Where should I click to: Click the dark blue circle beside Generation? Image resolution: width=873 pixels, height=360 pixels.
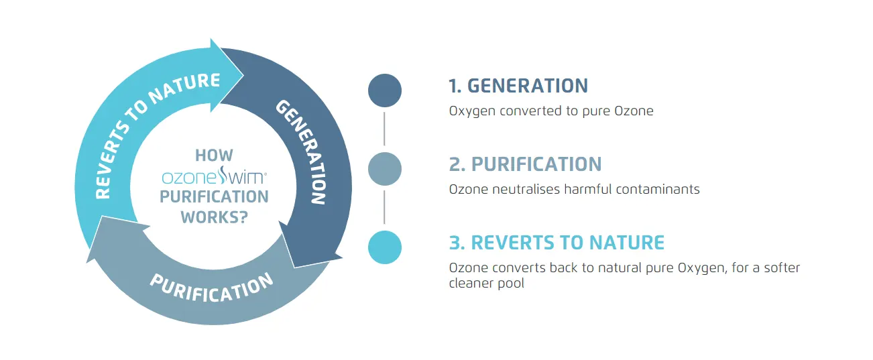(x=385, y=91)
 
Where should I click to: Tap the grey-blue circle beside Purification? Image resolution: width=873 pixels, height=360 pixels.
(x=385, y=169)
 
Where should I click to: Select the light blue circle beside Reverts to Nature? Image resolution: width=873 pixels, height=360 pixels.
(x=385, y=247)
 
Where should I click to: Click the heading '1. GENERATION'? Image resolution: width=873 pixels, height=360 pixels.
(x=518, y=86)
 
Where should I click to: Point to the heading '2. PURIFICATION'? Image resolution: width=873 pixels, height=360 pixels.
(x=525, y=164)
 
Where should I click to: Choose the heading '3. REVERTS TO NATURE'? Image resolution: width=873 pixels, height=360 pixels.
(x=557, y=242)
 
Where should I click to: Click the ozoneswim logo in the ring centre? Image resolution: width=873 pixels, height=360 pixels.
(x=214, y=177)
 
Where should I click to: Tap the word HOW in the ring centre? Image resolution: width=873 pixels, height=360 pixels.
(x=214, y=156)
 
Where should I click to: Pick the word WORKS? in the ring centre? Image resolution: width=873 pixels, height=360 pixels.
(x=214, y=217)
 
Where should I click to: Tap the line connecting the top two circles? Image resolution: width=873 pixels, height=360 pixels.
(x=385, y=129)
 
